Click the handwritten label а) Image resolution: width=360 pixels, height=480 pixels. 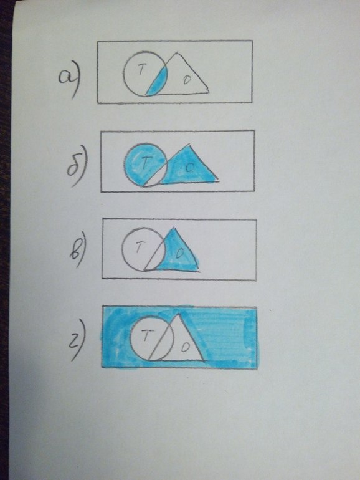69,80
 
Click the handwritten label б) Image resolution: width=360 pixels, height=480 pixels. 77,170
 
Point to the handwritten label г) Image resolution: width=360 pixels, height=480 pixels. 77,339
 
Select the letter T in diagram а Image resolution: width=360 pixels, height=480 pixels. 140,70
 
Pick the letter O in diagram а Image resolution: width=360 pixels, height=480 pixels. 186,80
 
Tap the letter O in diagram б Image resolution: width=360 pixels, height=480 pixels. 190,168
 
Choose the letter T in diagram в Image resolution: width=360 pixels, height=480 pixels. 140,247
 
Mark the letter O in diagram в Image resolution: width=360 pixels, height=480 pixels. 180,253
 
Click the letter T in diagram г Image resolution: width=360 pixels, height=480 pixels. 146,337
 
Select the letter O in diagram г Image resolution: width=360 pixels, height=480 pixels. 185,347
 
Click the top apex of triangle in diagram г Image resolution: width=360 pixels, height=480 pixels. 178,314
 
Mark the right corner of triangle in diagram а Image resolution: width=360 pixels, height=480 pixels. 209,90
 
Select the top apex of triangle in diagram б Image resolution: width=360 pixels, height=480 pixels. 189,144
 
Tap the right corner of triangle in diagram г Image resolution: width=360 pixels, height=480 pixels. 204,360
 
